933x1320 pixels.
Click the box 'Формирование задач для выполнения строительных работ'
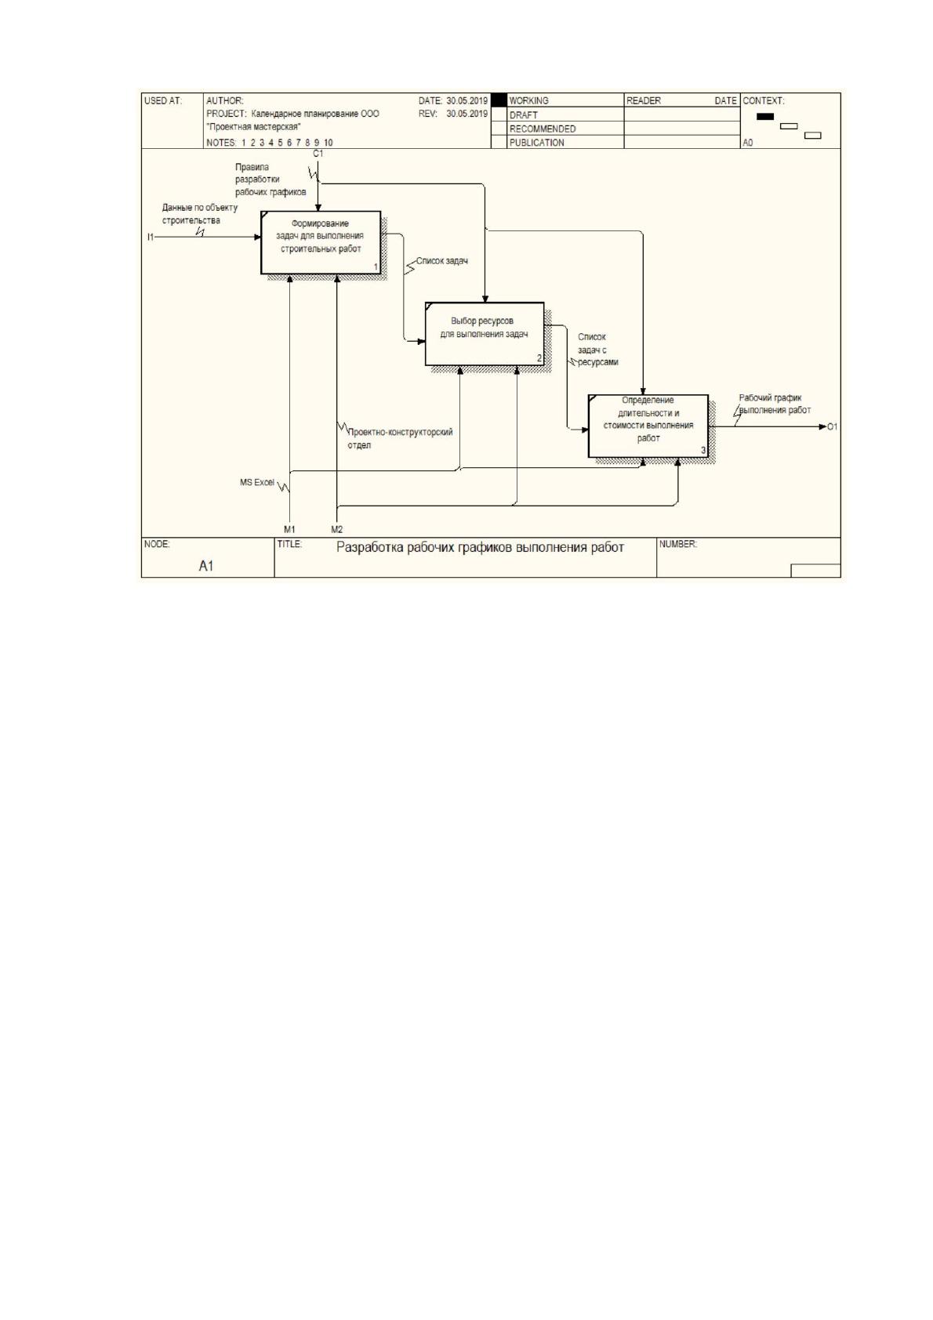(321, 242)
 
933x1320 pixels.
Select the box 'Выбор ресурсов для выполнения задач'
(485, 334)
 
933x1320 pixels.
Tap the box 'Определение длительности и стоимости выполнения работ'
(648, 426)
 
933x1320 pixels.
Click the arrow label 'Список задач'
(442, 261)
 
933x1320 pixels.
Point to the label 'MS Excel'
(257, 482)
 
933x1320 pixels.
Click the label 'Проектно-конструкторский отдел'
(400, 438)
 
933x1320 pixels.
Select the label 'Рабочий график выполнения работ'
(775, 404)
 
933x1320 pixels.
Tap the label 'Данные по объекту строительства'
(200, 214)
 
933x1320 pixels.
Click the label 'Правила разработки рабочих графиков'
(270, 180)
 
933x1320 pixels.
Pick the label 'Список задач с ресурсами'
(597, 350)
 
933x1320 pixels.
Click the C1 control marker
(318, 154)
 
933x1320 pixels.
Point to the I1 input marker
(151, 237)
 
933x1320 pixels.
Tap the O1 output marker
(832, 426)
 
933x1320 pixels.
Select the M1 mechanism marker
(289, 529)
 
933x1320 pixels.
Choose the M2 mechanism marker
(336, 529)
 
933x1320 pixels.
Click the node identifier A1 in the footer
(205, 566)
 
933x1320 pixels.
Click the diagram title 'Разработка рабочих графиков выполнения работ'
(480, 547)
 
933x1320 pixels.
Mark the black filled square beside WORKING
(499, 100)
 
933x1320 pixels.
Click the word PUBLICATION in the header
(536, 143)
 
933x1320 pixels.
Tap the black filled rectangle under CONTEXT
(765, 117)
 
